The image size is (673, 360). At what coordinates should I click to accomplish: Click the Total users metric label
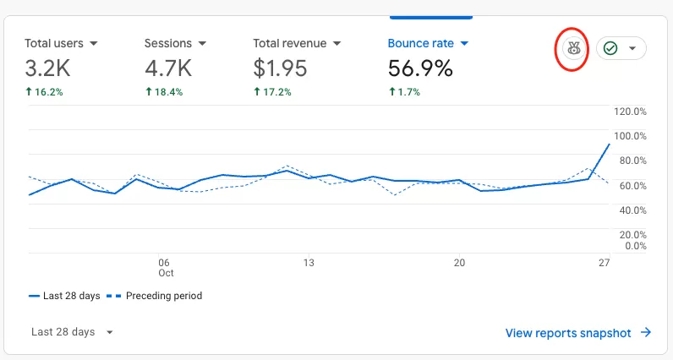point(54,43)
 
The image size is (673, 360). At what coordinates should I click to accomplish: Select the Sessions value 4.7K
point(168,68)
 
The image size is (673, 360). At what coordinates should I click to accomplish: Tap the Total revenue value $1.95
point(280,68)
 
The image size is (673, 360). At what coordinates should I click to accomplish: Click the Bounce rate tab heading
point(421,43)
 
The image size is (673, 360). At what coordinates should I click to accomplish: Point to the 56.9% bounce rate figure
point(420,68)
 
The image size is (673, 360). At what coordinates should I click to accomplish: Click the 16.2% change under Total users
point(44,92)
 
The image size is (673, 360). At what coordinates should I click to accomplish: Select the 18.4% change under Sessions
point(164,92)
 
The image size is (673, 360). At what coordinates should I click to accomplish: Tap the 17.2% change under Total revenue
point(272,92)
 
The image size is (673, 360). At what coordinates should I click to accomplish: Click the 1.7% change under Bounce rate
point(404,92)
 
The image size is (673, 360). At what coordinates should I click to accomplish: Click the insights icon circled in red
point(574,48)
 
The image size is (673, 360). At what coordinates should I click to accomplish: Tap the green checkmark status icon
point(610,48)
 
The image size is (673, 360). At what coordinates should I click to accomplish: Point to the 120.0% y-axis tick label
point(630,112)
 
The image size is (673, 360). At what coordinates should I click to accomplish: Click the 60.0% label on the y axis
point(632,186)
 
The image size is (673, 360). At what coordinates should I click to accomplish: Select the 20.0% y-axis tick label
point(632,235)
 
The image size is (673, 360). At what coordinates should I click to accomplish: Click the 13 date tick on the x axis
point(309,263)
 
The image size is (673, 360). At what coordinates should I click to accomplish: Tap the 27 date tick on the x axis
point(605,263)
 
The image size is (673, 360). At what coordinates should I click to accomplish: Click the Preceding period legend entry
point(154,296)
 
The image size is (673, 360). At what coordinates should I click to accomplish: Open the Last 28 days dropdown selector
point(72,331)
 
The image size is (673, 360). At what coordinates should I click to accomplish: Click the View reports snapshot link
point(578,333)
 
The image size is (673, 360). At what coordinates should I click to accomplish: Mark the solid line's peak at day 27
point(610,145)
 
